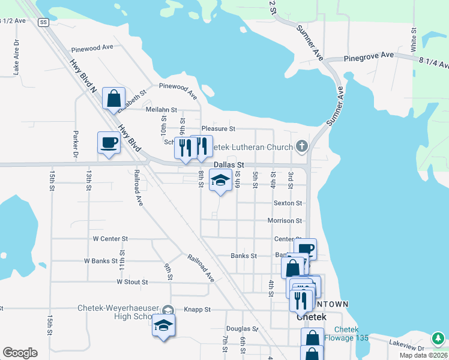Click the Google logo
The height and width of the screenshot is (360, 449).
click(x=20, y=353)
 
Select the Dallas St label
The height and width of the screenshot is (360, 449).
click(x=229, y=164)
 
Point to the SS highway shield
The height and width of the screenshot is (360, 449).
click(x=43, y=22)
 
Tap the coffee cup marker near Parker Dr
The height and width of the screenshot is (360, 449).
click(x=109, y=143)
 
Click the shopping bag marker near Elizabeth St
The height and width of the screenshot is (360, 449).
click(x=113, y=98)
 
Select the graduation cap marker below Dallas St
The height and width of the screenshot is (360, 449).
click(x=220, y=181)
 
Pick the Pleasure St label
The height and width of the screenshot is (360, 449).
click(x=218, y=128)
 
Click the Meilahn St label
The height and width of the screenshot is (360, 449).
click(x=161, y=110)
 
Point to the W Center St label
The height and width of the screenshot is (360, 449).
click(x=110, y=238)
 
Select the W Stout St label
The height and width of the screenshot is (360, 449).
click(x=132, y=281)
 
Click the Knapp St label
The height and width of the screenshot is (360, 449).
click(x=199, y=310)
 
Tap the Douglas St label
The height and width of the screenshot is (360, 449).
click(x=242, y=329)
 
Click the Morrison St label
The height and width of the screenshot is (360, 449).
click(x=285, y=221)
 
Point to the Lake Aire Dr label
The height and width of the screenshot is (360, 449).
click(x=17, y=58)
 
